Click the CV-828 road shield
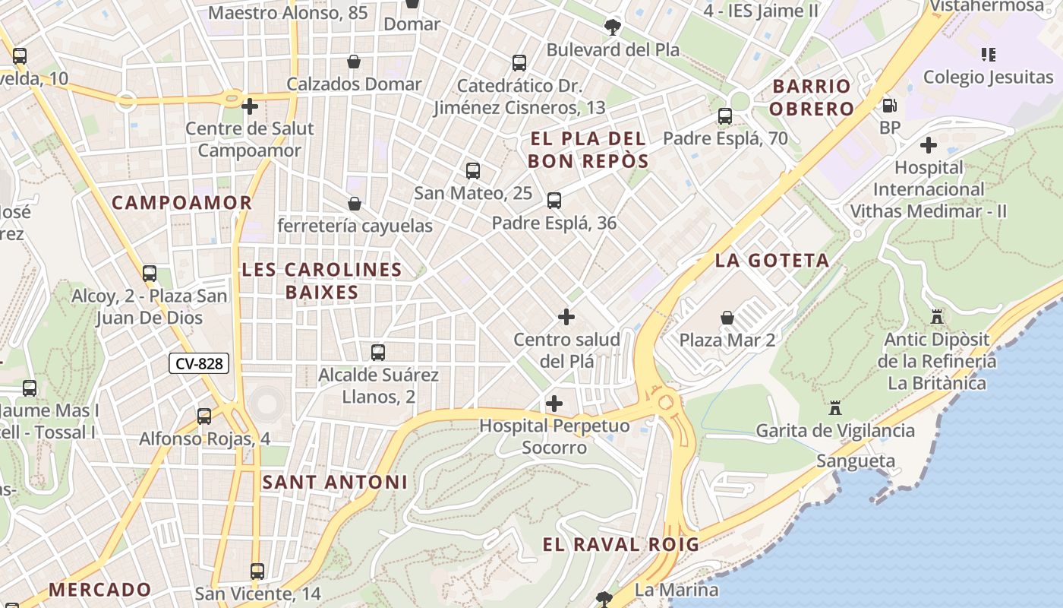200,364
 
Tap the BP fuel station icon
889,106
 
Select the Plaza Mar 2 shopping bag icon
727,317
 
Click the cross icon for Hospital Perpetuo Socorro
554,404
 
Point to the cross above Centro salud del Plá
566,317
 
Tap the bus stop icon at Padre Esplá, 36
554,201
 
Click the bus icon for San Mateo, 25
473,171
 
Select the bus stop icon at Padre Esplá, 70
725,116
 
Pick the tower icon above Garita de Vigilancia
835,408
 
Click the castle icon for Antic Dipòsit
937,316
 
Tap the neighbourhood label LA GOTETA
772,261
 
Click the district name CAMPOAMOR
181,203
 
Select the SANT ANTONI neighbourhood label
335,482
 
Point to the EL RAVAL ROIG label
620,544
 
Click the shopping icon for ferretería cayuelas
354,204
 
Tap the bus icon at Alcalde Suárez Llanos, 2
378,353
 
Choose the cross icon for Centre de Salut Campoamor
250,106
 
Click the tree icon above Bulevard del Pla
612,27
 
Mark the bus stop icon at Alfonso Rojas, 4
204,416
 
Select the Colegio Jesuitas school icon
988,55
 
